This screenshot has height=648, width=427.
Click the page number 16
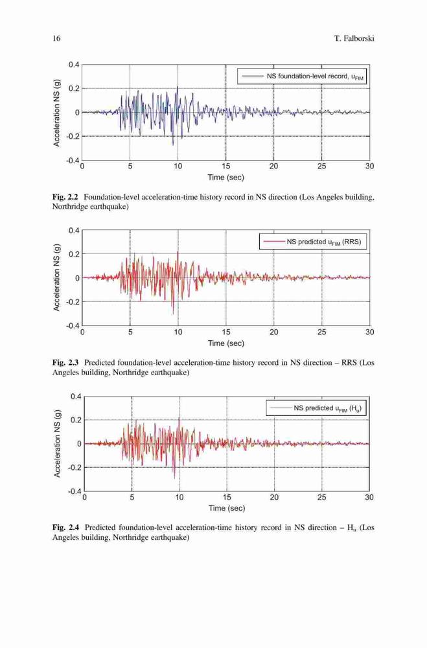pyautogui.click(x=56, y=38)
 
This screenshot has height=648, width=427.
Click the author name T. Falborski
pyautogui.click(x=354, y=38)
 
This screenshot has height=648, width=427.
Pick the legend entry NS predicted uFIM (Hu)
pyautogui.click(x=316, y=408)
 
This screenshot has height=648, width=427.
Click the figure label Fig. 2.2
pyautogui.click(x=65, y=197)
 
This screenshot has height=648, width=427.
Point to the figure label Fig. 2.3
pyautogui.click(x=65, y=362)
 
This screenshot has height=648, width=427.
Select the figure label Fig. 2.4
pyautogui.click(x=65, y=527)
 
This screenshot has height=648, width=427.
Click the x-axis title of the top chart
pyautogui.click(x=225, y=178)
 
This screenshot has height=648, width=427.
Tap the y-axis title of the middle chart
pyautogui.click(x=56, y=277)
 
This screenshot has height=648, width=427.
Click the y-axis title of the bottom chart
pyautogui.click(x=57, y=443)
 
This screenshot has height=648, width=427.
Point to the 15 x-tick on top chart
pyautogui.click(x=225, y=166)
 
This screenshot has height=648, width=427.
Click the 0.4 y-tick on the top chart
pyautogui.click(x=74, y=64)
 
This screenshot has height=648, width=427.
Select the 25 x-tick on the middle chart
pyautogui.click(x=321, y=332)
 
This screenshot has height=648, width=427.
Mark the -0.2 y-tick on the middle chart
pyautogui.click(x=73, y=302)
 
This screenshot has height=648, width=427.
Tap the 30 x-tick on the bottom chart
pyautogui.click(x=369, y=497)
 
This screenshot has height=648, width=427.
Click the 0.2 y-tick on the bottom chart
pyautogui.click(x=76, y=420)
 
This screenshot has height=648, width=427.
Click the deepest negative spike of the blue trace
pyautogui.click(x=173, y=145)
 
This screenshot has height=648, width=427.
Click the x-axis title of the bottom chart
pyautogui.click(x=227, y=508)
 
